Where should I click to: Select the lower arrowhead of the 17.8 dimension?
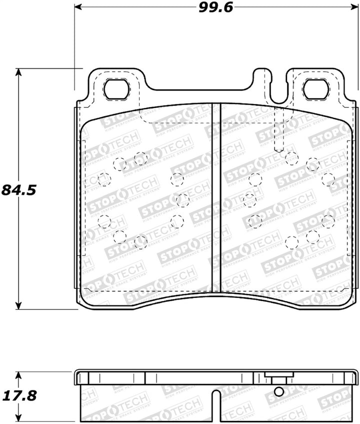pos(19,419)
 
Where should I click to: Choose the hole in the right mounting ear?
pos(316,89)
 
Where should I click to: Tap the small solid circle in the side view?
pos(279,392)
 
